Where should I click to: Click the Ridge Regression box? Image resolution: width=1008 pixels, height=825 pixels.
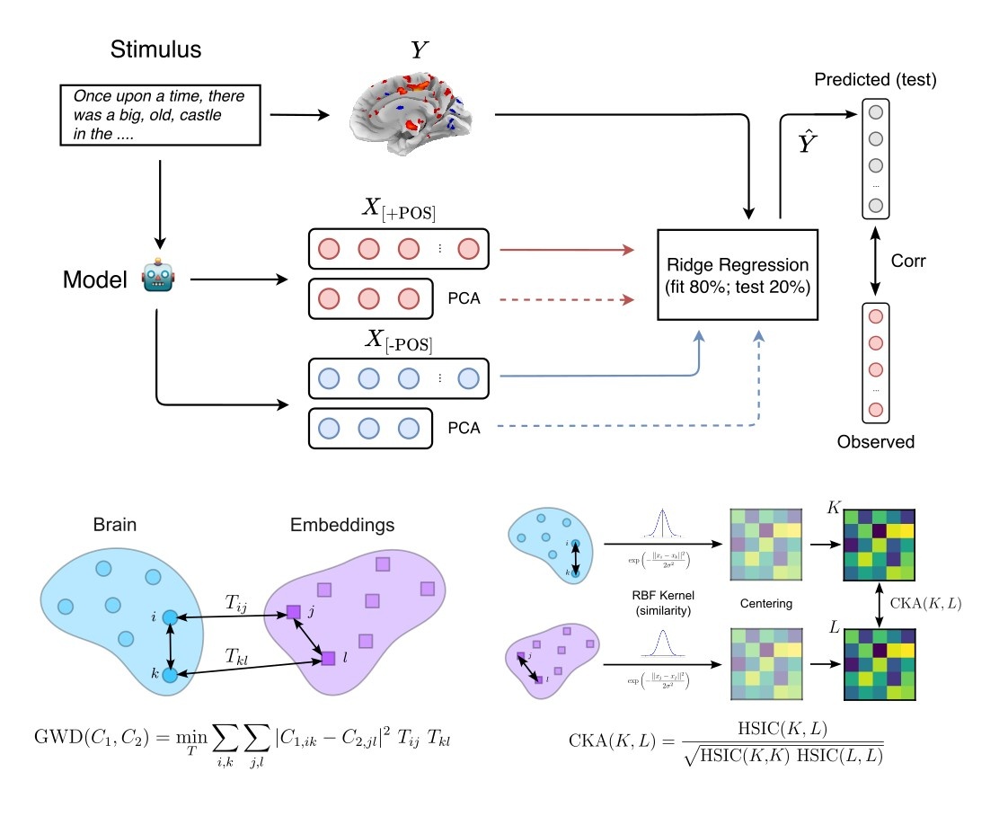pyautogui.click(x=738, y=274)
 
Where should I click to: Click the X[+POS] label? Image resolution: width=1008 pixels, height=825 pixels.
pyautogui.click(x=399, y=212)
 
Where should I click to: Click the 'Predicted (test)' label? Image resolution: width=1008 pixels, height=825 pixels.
pyautogui.click(x=875, y=80)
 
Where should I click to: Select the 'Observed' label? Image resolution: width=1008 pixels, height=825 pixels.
pyautogui.click(x=875, y=441)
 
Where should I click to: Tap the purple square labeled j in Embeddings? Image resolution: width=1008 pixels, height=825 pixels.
pyautogui.click(x=293, y=613)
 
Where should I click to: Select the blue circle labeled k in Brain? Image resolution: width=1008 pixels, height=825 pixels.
pyautogui.click(x=168, y=673)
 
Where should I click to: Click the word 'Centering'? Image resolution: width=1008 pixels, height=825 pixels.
pyautogui.click(x=767, y=603)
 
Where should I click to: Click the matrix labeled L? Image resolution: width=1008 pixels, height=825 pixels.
pyautogui.click(x=879, y=660)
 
